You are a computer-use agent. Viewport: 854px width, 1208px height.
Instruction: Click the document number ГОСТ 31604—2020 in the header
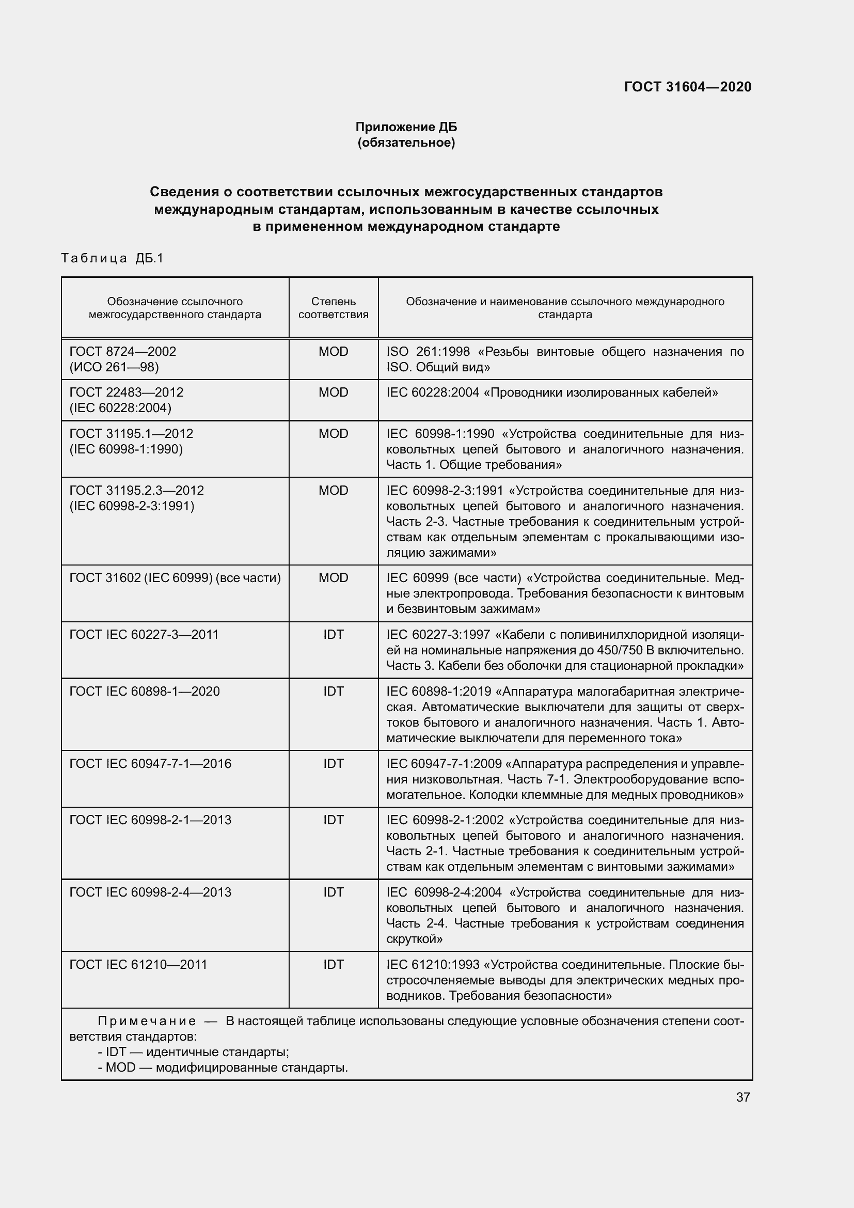click(x=687, y=87)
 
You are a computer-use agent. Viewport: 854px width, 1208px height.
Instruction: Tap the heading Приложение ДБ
click(x=406, y=127)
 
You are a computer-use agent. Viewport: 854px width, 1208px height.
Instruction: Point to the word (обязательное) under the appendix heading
click(x=406, y=143)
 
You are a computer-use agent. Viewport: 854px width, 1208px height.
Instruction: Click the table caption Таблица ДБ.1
click(x=113, y=258)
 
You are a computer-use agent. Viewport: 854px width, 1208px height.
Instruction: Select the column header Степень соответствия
click(x=334, y=308)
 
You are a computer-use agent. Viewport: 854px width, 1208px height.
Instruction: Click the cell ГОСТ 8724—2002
click(x=122, y=352)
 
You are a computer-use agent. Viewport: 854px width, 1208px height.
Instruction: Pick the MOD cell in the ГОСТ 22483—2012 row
click(x=334, y=393)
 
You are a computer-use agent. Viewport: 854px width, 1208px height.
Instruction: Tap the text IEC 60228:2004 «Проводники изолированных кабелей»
click(x=551, y=393)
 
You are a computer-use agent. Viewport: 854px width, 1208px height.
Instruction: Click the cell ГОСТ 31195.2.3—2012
click(x=136, y=490)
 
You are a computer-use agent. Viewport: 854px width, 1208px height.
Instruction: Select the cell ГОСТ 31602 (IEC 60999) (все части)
click(x=175, y=578)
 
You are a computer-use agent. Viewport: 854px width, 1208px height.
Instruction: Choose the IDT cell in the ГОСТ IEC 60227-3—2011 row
click(x=334, y=635)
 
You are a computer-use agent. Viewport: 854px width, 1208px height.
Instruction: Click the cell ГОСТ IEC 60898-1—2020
click(x=145, y=692)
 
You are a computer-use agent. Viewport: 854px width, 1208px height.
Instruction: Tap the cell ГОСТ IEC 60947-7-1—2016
click(x=150, y=763)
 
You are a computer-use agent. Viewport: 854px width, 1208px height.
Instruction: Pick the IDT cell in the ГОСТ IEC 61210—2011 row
click(x=334, y=964)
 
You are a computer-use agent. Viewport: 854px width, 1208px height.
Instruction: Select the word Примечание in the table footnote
click(x=147, y=1021)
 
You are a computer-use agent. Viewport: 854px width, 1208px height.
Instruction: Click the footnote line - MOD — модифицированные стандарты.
click(x=223, y=1068)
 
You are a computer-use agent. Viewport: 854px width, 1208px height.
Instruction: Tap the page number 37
click(x=742, y=1097)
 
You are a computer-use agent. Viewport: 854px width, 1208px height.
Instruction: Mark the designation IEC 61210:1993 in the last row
click(x=433, y=964)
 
